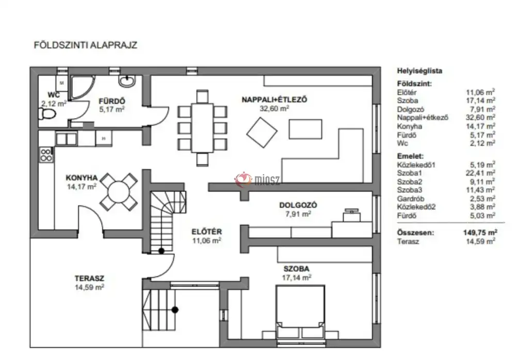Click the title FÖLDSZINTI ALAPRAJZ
coord(85,45)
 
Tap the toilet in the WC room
coord(47,114)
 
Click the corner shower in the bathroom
coord(82,87)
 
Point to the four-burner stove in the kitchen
coord(46,154)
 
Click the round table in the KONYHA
coord(119,192)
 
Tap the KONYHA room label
coord(82,178)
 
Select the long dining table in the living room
coord(202,128)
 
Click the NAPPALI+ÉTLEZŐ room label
coord(275,100)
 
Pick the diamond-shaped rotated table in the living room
coord(262,132)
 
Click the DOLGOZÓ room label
coord(298,205)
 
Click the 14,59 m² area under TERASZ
coord(89,287)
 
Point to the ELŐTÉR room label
coord(207,232)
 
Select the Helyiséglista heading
coord(420,71)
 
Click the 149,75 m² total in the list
coord(480,232)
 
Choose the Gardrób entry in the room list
coord(411,199)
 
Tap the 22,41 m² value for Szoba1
coord(481,173)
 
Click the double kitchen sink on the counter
coord(66,139)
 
